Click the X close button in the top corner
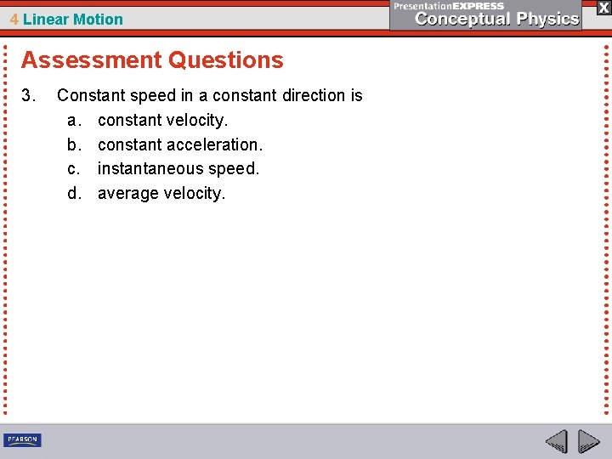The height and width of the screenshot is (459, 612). [603, 8]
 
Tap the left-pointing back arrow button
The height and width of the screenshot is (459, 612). [556, 442]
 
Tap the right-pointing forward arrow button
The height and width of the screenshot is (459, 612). [588, 442]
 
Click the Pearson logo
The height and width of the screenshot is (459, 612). [22, 440]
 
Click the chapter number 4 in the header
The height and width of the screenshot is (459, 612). [14, 20]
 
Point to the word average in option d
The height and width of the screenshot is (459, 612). [127, 194]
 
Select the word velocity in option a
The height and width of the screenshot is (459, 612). [195, 121]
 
